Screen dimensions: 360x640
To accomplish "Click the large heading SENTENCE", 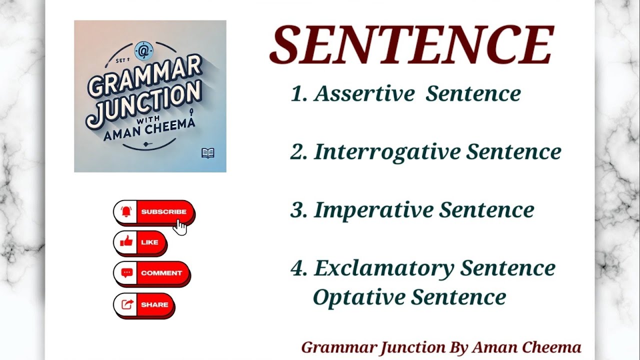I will (411, 44).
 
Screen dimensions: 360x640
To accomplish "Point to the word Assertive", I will (364, 93).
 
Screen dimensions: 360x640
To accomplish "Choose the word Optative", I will (358, 297).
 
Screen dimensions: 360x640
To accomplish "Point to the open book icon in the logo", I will (208, 153).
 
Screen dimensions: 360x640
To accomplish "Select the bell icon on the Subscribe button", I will (125, 212).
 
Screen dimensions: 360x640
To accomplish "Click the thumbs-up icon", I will (127, 242).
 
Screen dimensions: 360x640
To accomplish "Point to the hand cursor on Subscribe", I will (180, 227).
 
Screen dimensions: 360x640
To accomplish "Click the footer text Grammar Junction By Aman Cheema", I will (441, 347).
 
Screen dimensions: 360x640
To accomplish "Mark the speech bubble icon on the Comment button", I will (127, 273).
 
